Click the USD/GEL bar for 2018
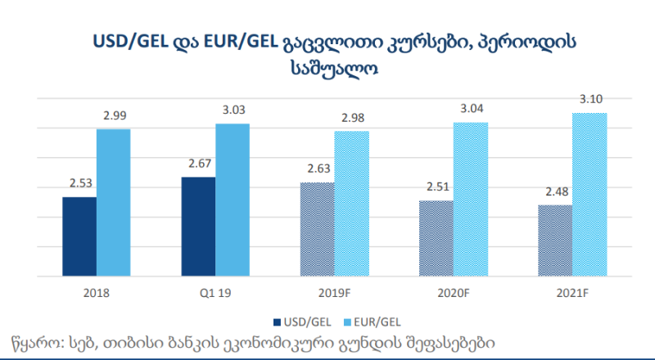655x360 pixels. click(79, 236)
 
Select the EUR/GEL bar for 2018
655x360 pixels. click(114, 202)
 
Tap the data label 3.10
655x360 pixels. click(589, 99)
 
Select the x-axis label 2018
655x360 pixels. click(97, 290)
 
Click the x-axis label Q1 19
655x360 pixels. click(215, 290)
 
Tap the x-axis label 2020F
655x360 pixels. click(453, 290)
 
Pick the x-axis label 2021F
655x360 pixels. click(572, 290)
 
